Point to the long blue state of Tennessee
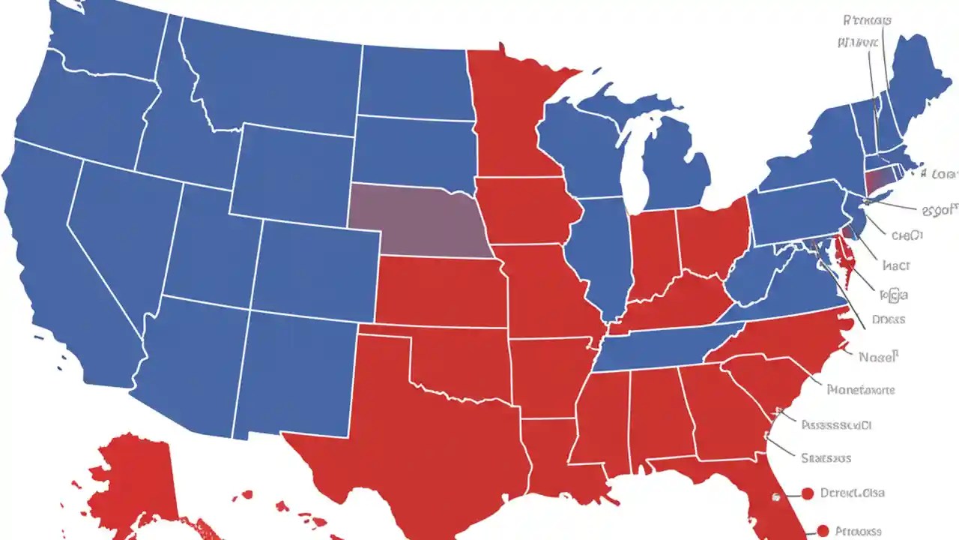coord(659,345)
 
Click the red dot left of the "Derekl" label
coord(807,493)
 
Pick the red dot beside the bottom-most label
coord(823,530)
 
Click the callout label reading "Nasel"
coord(878,358)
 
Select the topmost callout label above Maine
coord(866,20)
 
